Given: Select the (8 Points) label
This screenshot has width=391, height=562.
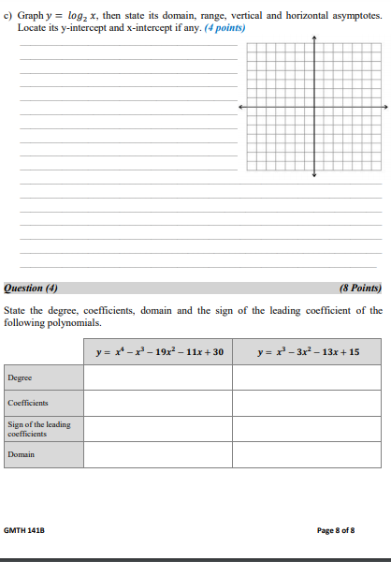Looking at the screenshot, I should coord(360,288).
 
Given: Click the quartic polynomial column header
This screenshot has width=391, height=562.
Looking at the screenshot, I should coord(159,352).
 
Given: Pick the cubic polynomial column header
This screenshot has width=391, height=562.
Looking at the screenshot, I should coord(308,352).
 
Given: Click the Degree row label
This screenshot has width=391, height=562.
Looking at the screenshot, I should coord(20,377).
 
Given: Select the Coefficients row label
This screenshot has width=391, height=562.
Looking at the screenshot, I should coord(28,403).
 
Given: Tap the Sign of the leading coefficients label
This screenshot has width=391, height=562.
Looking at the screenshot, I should coord(39,429).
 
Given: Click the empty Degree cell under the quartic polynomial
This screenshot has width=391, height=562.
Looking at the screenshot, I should coord(158,377).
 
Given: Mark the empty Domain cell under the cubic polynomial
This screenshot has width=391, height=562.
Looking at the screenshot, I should coord(308,454).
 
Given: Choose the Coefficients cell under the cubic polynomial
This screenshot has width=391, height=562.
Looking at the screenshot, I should coord(308,403).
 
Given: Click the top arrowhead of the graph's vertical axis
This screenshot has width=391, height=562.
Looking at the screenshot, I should coord(314,39).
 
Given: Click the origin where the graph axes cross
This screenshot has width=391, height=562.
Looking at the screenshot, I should coord(314,107).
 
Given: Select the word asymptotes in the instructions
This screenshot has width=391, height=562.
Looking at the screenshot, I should coord(353,17).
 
